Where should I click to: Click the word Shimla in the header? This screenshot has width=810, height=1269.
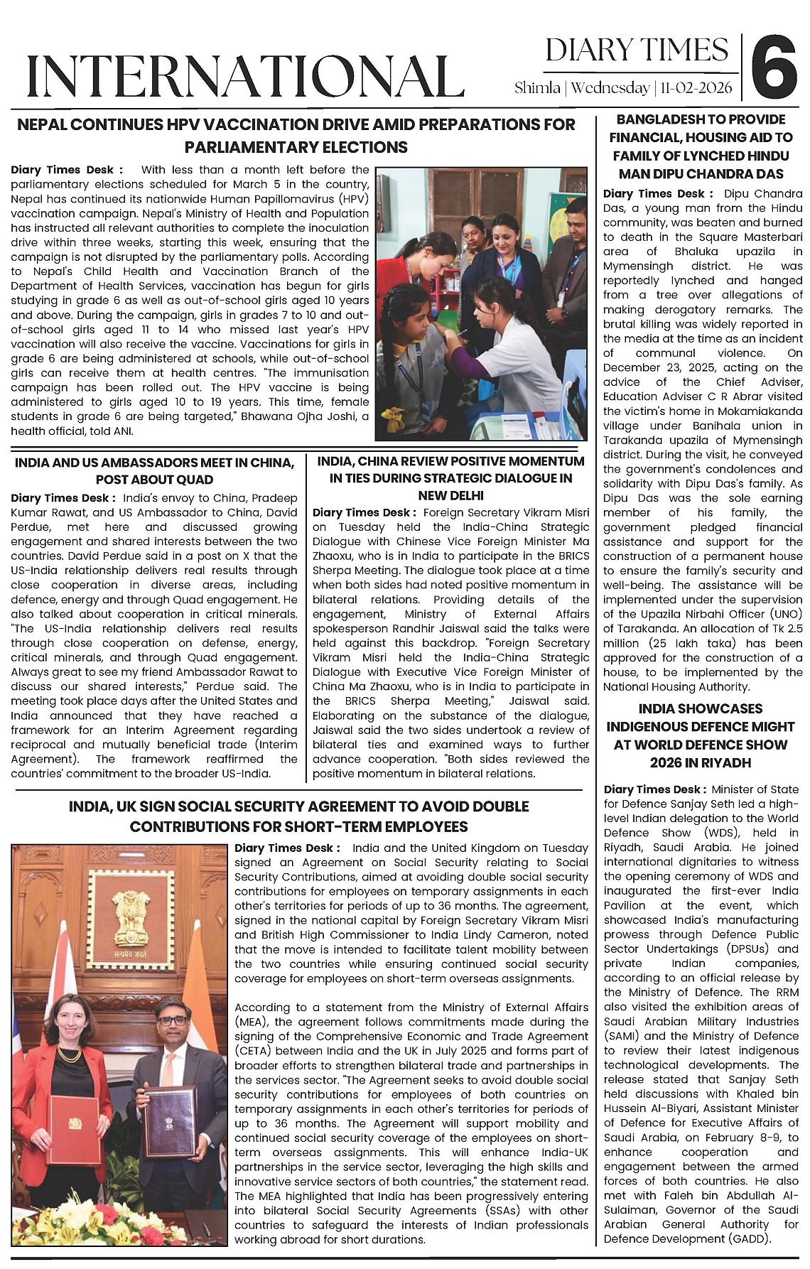coord(538,88)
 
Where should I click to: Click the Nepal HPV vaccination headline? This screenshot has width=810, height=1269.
coord(296,136)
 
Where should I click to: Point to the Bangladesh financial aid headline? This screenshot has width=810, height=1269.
coord(702,146)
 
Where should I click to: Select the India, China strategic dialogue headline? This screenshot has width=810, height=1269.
coord(450,478)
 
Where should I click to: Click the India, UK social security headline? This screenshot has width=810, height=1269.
coord(298,816)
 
